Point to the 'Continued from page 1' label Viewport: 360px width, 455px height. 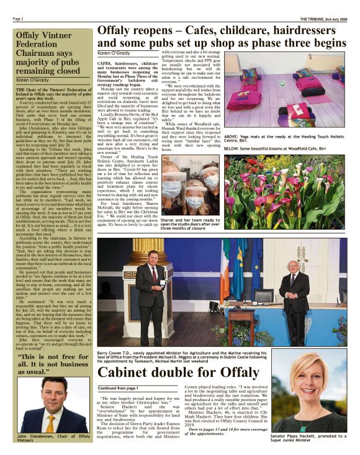click(x=119, y=388)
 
